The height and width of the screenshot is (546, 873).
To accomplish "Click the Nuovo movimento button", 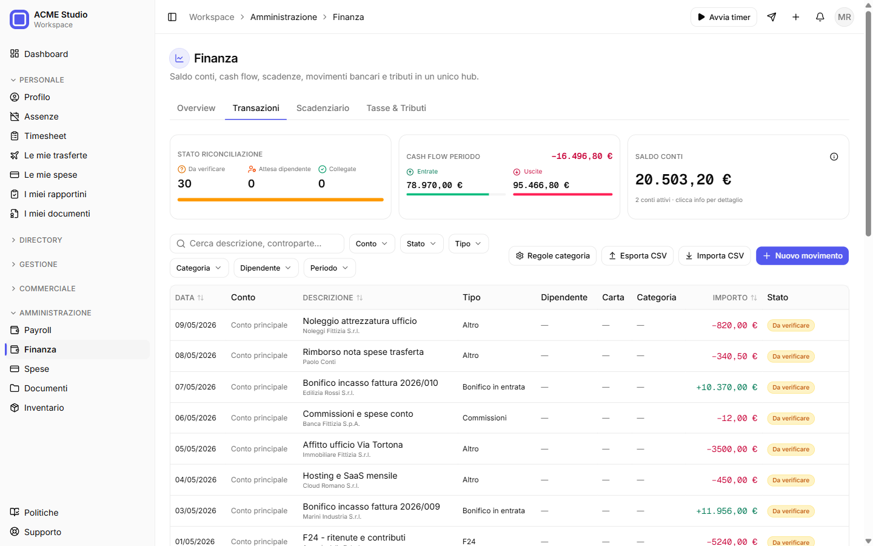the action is (802, 256).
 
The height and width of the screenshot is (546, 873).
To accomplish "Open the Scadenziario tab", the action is (323, 108).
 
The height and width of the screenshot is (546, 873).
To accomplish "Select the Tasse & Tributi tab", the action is (396, 108).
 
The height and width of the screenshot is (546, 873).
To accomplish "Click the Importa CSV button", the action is (714, 256).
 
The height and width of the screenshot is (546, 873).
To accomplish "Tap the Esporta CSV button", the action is (637, 256).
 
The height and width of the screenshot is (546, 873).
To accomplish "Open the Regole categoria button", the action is (552, 256).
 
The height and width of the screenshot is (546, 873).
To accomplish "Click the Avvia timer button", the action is (723, 17).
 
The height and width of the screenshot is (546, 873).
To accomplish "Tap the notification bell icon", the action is (820, 17).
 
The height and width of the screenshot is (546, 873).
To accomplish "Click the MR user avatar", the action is (844, 17).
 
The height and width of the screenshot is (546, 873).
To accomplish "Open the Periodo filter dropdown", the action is (329, 268).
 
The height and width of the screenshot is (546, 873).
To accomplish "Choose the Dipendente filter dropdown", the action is (266, 268).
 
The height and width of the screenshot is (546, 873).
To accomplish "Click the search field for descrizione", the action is (257, 243).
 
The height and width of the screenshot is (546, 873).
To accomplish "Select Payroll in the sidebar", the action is (38, 330).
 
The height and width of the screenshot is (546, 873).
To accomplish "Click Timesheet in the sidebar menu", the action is (45, 136).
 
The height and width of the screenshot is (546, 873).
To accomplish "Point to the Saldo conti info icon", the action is (834, 157).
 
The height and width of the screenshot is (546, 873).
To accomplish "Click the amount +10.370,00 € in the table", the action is (726, 387).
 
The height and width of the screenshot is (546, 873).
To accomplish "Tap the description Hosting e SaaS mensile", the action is (350, 476).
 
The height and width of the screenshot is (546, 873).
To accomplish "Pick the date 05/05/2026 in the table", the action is (196, 449).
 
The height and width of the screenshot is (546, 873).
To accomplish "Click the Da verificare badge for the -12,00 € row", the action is (791, 418).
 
